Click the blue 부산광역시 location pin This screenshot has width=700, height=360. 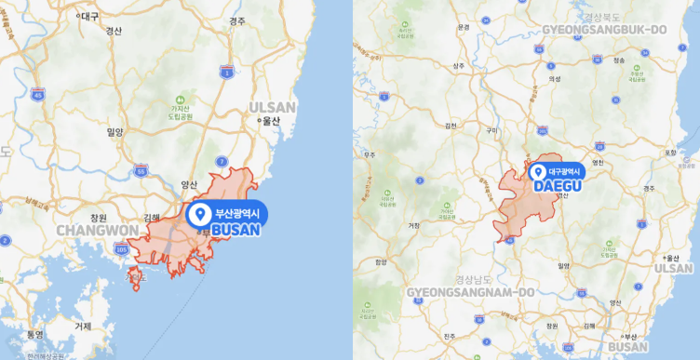coord(198,215)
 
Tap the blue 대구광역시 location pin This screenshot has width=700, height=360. coord(537,172)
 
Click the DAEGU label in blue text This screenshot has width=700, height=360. coord(558,186)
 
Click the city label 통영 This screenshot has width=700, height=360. coord(35,333)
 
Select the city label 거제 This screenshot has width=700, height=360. coord(83,326)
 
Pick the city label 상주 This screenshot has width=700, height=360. coord(458,66)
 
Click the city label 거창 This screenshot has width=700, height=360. coord(414,224)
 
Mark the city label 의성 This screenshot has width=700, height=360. coord(555,80)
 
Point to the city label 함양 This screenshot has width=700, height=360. coord(380,262)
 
